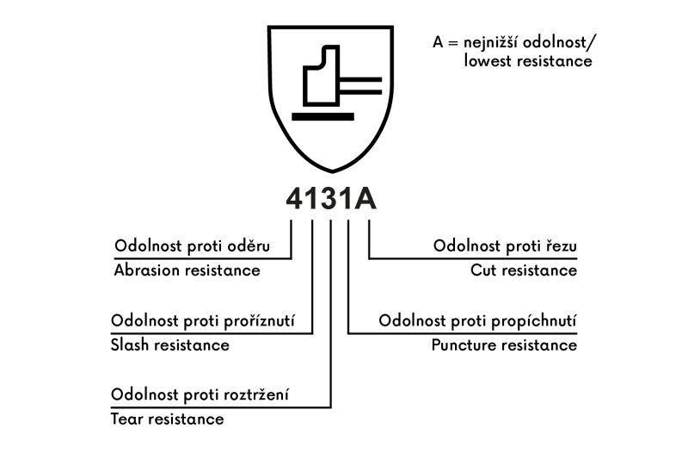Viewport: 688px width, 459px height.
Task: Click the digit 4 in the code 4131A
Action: coord(297,199)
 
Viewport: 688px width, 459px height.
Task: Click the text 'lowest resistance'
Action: coord(528,62)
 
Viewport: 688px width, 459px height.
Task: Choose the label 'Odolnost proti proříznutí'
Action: coord(203,321)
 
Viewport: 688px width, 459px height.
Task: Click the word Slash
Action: coord(131,345)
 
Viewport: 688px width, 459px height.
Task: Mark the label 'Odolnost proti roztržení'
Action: coord(200,395)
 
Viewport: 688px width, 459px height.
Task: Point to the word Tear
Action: coord(127,419)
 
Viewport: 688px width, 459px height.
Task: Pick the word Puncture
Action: coord(464,345)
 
